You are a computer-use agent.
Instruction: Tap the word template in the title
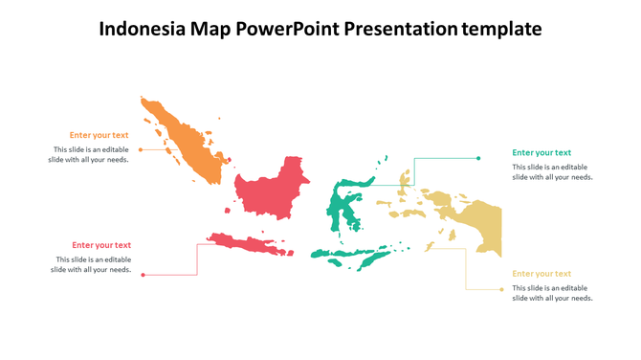tap(501, 29)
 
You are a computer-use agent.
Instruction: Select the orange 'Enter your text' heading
tap(99, 135)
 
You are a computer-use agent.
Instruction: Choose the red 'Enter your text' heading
tap(101, 245)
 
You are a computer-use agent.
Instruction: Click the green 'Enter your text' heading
tap(542, 152)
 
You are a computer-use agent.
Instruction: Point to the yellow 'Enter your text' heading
tap(542, 274)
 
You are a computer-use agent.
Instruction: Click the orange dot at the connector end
tap(141, 149)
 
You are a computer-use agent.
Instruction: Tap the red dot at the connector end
tap(143, 276)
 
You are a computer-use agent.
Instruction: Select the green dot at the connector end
tap(478, 158)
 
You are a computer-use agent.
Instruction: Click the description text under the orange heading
tap(89, 154)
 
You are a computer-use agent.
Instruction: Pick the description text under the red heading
tap(92, 264)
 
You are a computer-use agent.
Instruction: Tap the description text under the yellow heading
tap(552, 293)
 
